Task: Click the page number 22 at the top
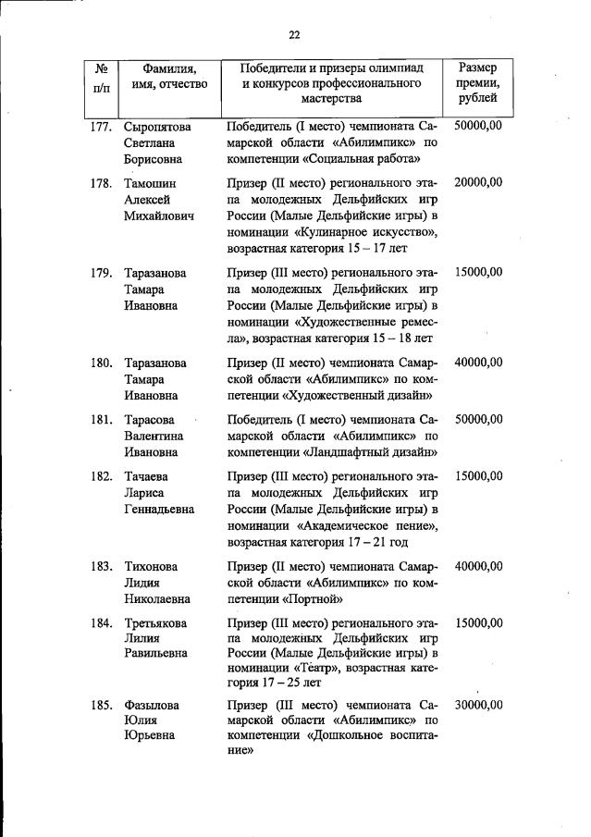coord(294,35)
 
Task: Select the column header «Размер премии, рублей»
coord(477,82)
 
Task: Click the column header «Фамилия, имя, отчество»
coord(169,76)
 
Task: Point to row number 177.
coord(101,127)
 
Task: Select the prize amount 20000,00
coord(478,183)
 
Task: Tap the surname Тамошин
coord(151,183)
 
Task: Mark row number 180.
coord(101,363)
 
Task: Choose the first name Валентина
coord(154,436)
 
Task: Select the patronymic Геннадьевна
coord(160,510)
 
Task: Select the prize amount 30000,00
coord(478,705)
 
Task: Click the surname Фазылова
coord(153,705)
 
